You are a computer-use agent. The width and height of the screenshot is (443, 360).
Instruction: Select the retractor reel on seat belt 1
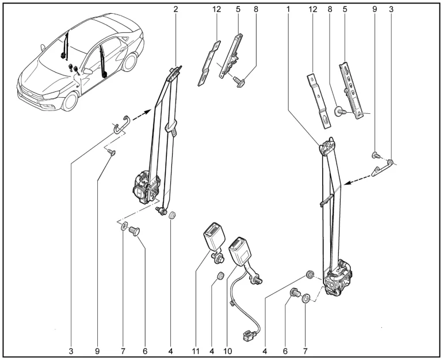tap(340, 279)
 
